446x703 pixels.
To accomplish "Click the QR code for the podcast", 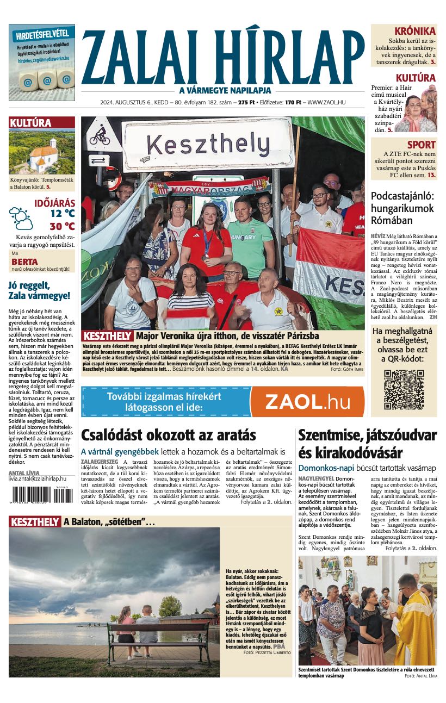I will coord(404,389).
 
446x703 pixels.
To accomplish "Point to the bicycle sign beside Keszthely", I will coord(100,136).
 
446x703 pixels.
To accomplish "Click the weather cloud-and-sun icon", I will coord(21,217).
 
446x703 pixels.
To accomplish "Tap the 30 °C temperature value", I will coord(62,226).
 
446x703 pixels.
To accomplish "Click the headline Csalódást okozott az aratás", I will coord(169,435).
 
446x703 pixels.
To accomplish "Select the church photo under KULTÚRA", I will coord(42,152).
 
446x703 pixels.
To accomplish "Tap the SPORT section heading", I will coord(422,145).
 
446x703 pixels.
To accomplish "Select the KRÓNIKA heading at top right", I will coord(415,31).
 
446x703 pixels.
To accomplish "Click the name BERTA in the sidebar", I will coord(24,262).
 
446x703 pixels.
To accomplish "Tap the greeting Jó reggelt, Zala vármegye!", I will coord(39,290).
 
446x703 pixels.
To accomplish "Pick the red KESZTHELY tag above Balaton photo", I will coord(34,522).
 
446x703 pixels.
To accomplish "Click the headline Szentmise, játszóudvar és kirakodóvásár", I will coord(367,444).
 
